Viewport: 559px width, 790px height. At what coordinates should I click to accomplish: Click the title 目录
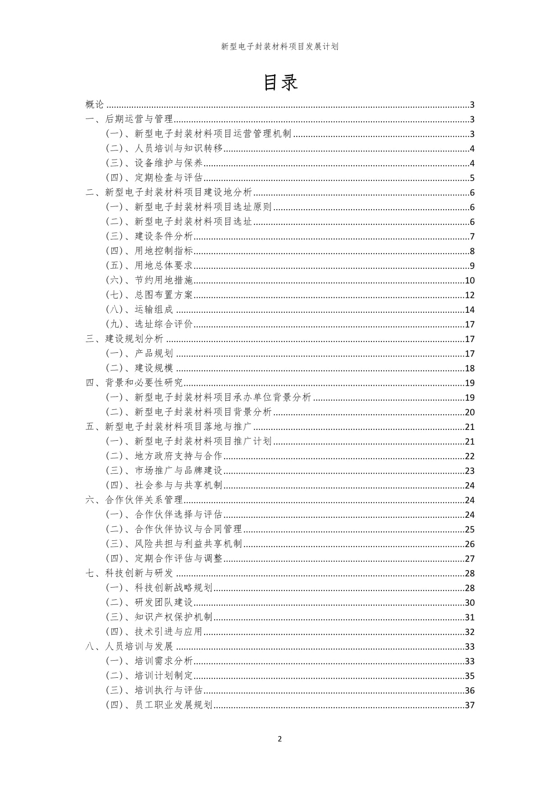coord(279,82)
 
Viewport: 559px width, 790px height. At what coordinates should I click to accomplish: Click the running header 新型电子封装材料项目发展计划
coord(279,46)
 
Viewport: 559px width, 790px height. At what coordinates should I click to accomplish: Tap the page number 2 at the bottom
coord(279,739)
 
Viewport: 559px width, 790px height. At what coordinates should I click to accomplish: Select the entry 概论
coord(95,105)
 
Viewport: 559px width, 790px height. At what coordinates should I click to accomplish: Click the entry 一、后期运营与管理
coord(129,119)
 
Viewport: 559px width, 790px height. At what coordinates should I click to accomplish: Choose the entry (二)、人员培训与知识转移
coord(164,148)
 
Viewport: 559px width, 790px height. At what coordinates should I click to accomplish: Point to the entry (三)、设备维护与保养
coord(154,163)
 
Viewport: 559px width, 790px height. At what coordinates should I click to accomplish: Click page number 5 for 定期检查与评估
coord(472,178)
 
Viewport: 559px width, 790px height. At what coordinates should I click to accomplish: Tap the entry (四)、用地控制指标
coord(149,251)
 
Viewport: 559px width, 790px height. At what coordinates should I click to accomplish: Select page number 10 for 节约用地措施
coord(470,280)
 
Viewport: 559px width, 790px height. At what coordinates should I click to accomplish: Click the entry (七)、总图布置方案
coord(149,295)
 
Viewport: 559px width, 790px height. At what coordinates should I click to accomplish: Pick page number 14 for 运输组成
coord(470,310)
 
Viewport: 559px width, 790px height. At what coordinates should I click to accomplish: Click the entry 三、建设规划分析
coord(124,339)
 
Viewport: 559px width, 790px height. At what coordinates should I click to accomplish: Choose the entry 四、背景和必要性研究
coord(134,383)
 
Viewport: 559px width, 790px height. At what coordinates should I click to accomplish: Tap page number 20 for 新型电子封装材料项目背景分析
coord(470,412)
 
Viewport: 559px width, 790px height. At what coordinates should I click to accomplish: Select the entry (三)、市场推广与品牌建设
coord(164,470)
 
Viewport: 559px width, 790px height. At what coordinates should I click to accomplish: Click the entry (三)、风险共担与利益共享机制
coord(174,543)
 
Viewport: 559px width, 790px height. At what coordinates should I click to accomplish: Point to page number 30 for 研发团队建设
coord(470,603)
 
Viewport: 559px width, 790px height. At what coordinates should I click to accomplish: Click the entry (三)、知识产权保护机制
coord(159,617)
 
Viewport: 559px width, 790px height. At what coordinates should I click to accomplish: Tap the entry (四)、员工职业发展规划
coord(159,705)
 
